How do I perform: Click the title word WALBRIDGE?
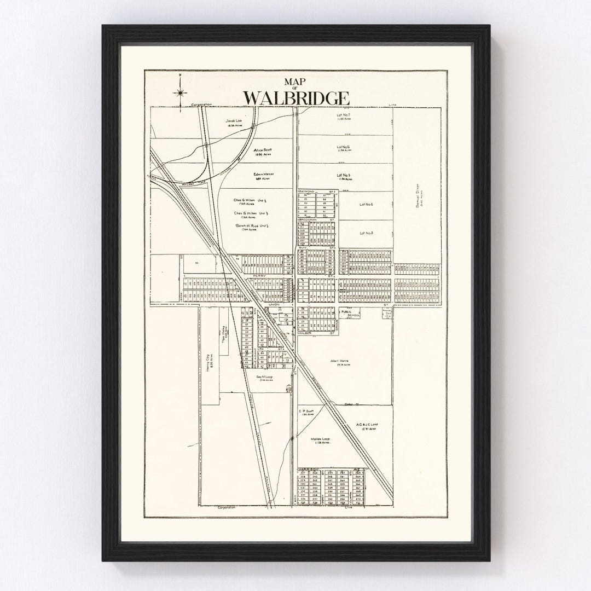coord(296,97)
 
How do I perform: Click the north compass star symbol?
coord(180,94)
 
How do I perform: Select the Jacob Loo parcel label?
coord(234,121)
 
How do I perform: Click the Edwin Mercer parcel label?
coord(263,176)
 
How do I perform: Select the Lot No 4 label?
coord(366,204)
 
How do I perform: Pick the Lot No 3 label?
coord(366,233)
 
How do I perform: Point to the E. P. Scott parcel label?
coord(305,412)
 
